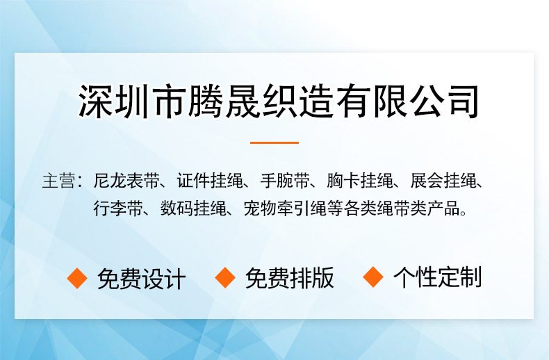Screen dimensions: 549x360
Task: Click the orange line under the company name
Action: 274,142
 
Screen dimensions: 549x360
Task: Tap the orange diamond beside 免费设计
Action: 77,278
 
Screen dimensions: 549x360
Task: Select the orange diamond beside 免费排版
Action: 225,277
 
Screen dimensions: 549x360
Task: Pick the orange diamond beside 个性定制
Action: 373,277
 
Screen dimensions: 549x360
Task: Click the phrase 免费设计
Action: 142,279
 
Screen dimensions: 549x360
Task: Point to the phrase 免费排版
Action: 290,278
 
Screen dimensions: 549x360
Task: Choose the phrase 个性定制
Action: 438,277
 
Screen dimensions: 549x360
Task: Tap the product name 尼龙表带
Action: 126,181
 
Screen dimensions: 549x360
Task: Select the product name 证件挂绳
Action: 210,181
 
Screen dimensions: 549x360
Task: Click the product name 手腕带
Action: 285,181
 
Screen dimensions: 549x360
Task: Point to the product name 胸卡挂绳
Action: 360,181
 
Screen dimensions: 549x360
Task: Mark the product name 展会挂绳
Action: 443,181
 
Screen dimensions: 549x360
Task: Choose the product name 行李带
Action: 118,208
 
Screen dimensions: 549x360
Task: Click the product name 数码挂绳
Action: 193,208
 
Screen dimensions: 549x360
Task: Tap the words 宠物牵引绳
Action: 285,208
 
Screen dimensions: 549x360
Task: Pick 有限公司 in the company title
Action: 407,101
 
